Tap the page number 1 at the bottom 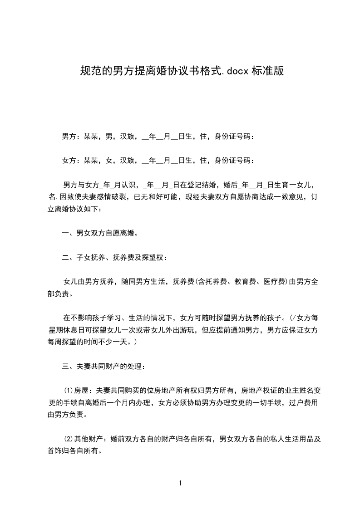[x=180, y=483]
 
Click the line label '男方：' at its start [x=70, y=136]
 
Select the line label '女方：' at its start [x=70, y=161]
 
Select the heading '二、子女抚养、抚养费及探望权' [x=114, y=258]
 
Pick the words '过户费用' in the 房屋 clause [x=302, y=402]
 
